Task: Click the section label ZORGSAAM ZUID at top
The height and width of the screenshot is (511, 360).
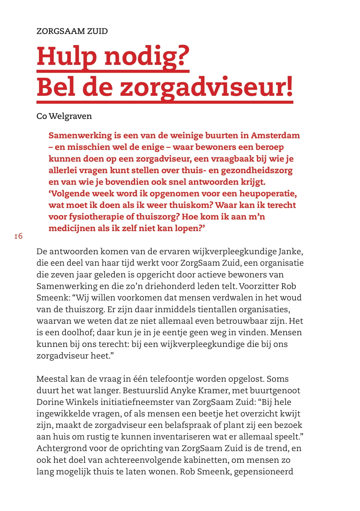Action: point(72,31)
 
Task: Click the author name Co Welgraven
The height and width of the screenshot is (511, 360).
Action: point(64,116)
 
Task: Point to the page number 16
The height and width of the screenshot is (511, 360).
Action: point(18,236)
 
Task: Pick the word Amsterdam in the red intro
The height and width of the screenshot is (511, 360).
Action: point(275,135)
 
